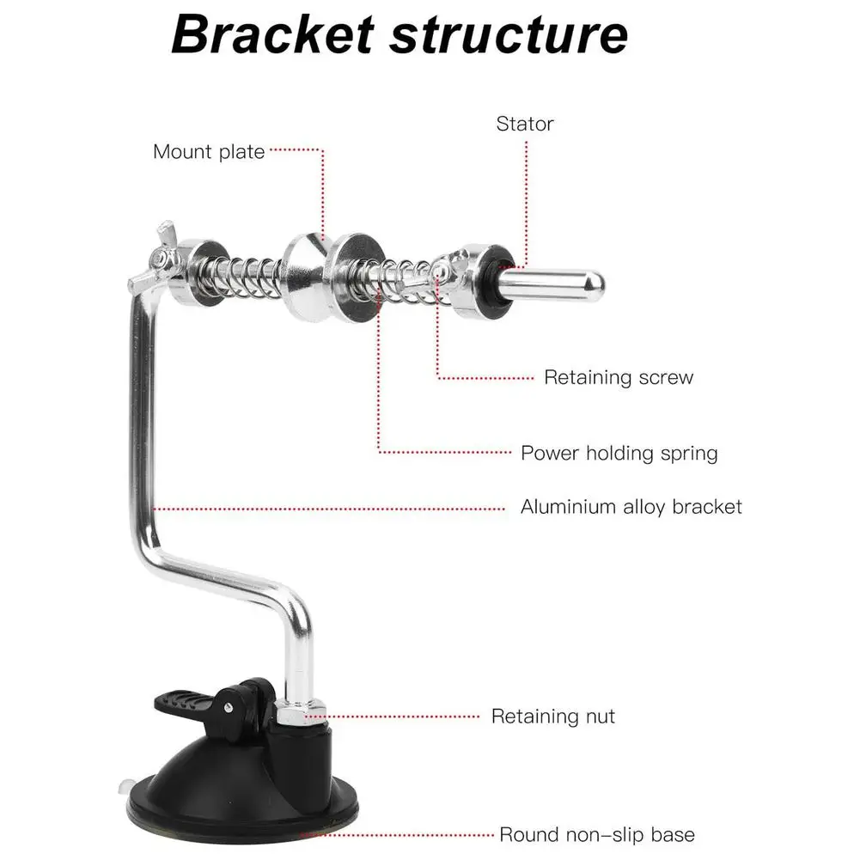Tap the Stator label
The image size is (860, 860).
pos(525,124)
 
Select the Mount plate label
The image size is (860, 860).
pos(209,152)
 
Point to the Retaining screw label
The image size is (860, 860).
pos(619,377)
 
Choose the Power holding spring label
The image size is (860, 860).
pos(619,453)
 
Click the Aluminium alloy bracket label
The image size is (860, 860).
pos(631,506)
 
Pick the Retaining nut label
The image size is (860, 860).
pos(553,716)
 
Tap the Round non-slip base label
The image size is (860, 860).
pos(597,834)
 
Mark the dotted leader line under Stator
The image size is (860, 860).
pos(525,198)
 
